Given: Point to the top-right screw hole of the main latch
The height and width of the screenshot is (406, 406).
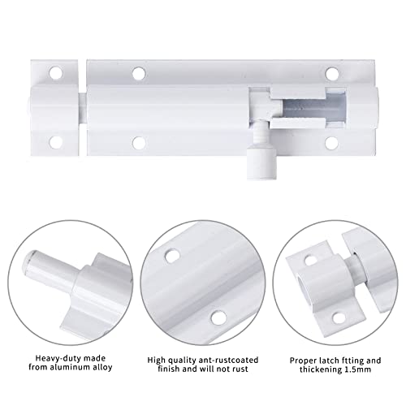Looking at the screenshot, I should [x=331, y=73].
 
